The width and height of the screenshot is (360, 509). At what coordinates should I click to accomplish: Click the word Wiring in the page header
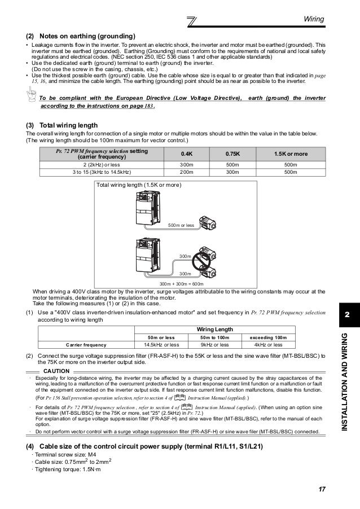[x=313, y=19]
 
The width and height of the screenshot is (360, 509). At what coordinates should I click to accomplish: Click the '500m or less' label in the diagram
[x=181, y=225]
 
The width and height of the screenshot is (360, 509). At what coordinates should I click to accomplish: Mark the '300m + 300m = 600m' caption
[x=181, y=284]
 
